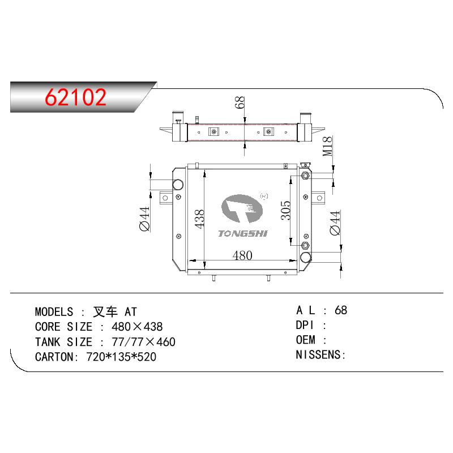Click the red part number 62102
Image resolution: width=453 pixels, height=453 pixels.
pyautogui.click(x=76, y=97)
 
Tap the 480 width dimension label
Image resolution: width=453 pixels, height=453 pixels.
pyautogui.click(x=242, y=255)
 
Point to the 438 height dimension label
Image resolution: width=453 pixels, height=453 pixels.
pyautogui.click(x=199, y=219)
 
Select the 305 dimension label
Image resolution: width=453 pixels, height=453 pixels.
pyautogui.click(x=286, y=210)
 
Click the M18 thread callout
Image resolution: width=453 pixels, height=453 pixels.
pyautogui.click(x=327, y=147)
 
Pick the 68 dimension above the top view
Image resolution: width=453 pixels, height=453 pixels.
pyautogui.click(x=240, y=102)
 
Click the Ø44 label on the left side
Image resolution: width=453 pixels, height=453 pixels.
pyautogui.click(x=145, y=219)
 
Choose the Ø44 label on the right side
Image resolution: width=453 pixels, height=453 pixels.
pyautogui.click(x=335, y=223)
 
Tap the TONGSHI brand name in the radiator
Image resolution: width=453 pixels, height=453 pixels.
pyautogui.click(x=243, y=233)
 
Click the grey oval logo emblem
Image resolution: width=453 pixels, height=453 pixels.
pyautogui.click(x=242, y=208)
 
